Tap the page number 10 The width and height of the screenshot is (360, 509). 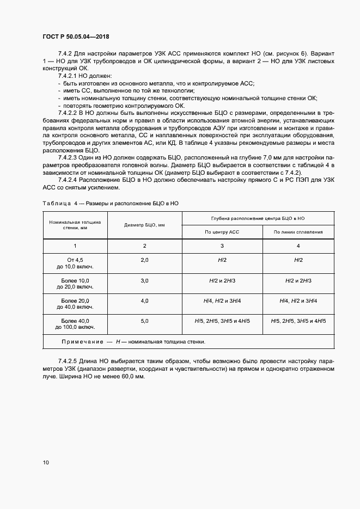tap(46, 463)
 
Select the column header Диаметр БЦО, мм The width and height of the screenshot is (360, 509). tap(144, 225)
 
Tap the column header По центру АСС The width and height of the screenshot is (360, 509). tap(222, 232)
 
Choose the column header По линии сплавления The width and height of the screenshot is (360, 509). tap(298, 232)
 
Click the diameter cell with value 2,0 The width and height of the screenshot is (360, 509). tap(144, 261)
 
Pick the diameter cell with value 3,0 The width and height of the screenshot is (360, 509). tap(144, 281)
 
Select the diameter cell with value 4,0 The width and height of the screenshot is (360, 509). tap(144, 301)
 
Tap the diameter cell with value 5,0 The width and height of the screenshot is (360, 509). tap(144, 321)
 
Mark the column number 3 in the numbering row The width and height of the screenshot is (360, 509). tap(222, 246)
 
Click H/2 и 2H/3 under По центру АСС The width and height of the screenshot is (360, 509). tap(222, 281)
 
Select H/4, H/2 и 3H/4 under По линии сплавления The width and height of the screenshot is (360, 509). tap(298, 301)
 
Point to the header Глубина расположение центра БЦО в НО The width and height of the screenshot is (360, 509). tap(257, 218)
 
